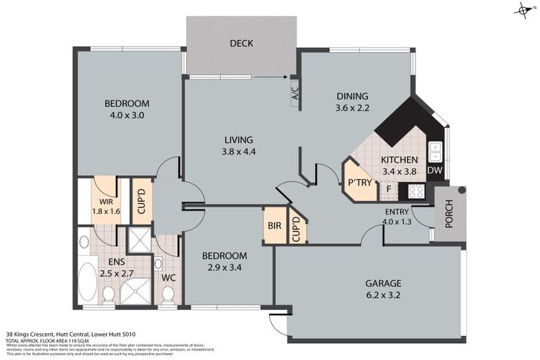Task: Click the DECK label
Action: (241, 44)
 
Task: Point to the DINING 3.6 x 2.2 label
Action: (352, 102)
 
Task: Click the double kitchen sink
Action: (435, 151)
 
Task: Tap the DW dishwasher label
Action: (435, 170)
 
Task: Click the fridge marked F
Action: (388, 190)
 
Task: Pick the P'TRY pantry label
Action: (359, 182)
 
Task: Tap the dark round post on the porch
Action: (461, 190)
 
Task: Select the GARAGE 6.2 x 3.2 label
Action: (383, 289)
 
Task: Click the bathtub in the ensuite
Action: (88, 283)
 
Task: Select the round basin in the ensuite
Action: (84, 243)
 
